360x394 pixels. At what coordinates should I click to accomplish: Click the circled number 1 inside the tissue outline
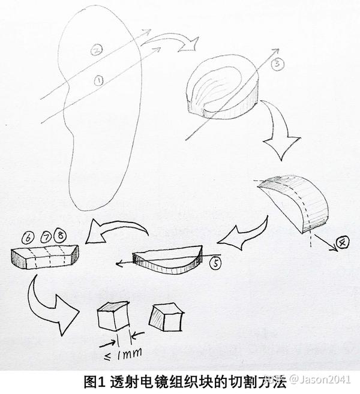click(99, 80)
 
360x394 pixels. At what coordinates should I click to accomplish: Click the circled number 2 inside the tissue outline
click(96, 50)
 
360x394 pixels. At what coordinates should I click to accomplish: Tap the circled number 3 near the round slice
click(277, 64)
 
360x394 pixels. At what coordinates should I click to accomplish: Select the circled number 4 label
click(343, 243)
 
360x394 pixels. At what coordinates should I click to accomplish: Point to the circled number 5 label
click(215, 263)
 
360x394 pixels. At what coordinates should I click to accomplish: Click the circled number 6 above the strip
click(28, 237)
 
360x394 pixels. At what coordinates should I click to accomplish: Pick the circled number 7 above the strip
click(46, 237)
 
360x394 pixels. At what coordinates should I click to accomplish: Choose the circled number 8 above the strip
click(61, 234)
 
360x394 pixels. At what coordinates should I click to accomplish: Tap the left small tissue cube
click(112, 317)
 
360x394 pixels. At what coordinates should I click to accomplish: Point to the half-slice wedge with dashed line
click(293, 204)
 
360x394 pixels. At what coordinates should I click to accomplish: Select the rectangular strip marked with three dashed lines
click(45, 257)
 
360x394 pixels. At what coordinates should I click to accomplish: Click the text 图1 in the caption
click(93, 381)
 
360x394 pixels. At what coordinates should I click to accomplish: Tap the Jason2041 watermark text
click(323, 379)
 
